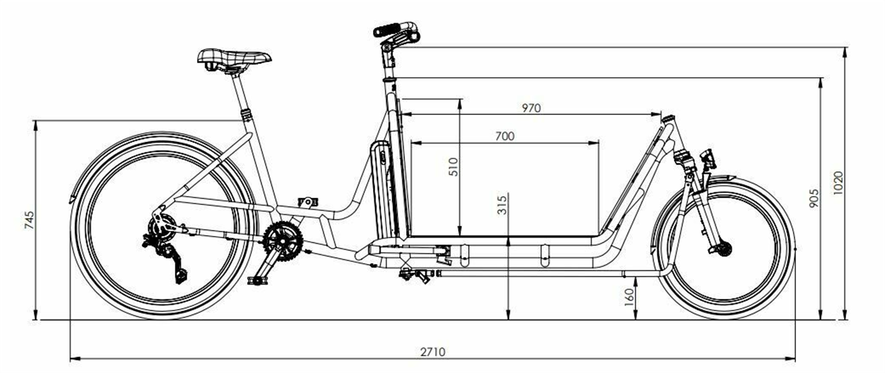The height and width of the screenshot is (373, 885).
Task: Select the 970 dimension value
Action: [x=530, y=107]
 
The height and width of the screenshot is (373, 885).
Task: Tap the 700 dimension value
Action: [x=504, y=136]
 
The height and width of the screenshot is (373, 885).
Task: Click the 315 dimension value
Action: [x=502, y=204]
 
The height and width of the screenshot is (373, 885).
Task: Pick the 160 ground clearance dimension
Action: [x=629, y=296]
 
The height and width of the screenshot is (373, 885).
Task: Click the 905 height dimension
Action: [x=814, y=198]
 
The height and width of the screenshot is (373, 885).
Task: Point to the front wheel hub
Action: [x=724, y=248]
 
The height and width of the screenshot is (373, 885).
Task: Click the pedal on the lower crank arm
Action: [x=257, y=280]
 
